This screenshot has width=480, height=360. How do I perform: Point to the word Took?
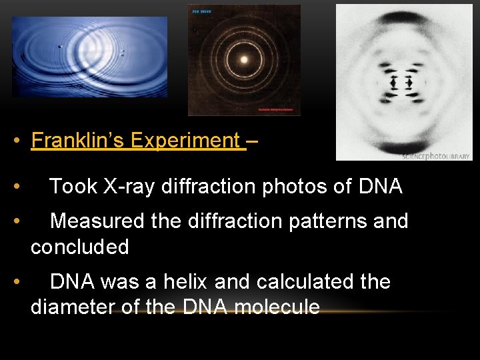tap(73, 187)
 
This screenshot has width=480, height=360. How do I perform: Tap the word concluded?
tap(80, 247)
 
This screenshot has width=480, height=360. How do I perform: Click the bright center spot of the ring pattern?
tap(243, 59)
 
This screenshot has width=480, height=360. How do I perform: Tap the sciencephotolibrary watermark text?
tap(436, 156)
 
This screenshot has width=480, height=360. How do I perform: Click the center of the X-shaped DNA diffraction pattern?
tap(401, 82)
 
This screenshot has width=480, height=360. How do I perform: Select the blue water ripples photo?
tap(89, 57)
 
